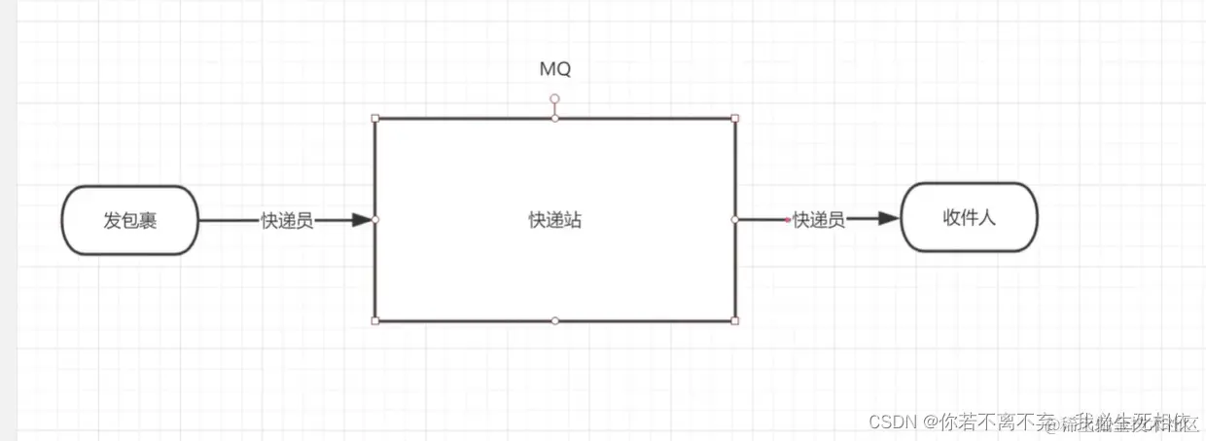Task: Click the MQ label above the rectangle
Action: (x=554, y=69)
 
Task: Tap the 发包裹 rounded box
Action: (x=129, y=220)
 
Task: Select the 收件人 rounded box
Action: (x=969, y=217)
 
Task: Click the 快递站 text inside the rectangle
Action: (x=554, y=220)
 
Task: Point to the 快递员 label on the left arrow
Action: (x=287, y=220)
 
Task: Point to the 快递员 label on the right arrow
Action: (x=818, y=220)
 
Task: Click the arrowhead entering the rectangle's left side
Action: (x=363, y=220)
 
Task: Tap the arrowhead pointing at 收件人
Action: (x=886, y=220)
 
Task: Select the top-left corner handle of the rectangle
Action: (x=375, y=119)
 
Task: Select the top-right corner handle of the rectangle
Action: (x=735, y=119)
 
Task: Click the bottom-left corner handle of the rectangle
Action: (x=375, y=320)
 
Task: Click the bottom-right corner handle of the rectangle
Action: (x=735, y=320)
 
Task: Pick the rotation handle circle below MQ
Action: (x=554, y=98)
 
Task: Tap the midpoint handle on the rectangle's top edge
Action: (x=554, y=119)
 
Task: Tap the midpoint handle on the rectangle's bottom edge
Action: (x=554, y=320)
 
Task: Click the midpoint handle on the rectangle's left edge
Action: (x=375, y=220)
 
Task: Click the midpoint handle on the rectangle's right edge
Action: (x=735, y=220)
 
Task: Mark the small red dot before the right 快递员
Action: (x=788, y=220)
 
